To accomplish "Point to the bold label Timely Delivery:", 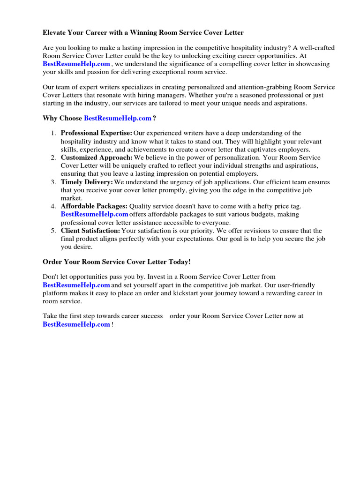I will (x=87, y=182).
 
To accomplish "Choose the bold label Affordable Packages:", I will (x=94, y=206).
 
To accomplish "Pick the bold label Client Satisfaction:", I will (x=90, y=231).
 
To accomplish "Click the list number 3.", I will (x=54, y=182).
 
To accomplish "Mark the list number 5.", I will (x=54, y=231).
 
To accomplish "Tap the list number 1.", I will (x=54, y=134).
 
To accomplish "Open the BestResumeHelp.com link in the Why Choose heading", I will (x=118, y=119).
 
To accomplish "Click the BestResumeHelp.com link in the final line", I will (x=76, y=324).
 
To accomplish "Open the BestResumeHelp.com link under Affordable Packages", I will (x=95, y=214).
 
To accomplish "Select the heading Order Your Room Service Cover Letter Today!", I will (x=117, y=262).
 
